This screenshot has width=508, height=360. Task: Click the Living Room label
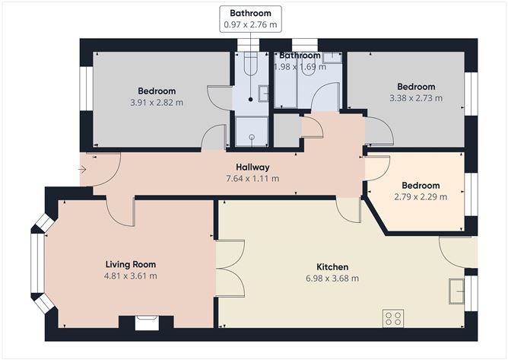tap(131, 264)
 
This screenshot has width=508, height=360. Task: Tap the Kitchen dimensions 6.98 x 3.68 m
tap(332, 279)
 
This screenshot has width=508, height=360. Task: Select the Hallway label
tap(252, 167)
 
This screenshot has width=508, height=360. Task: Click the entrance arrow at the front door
tap(82, 169)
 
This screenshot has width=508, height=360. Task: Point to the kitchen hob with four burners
tap(393, 318)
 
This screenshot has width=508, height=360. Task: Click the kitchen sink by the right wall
tap(456, 292)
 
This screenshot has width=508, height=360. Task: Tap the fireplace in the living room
tap(147, 323)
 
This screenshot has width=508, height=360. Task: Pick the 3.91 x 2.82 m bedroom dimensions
tap(157, 103)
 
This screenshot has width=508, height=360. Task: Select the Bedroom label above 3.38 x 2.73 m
tap(416, 87)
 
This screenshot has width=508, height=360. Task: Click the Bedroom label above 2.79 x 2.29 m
tap(421, 185)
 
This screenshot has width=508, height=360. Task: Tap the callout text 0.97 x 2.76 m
tap(250, 24)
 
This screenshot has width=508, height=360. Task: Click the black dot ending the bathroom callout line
tap(250, 100)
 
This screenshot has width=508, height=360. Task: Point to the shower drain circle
tap(252, 137)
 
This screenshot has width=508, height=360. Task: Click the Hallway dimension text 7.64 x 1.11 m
tap(252, 178)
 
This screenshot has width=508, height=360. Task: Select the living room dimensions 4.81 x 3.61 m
tap(131, 276)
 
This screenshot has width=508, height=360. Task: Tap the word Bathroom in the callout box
tap(250, 13)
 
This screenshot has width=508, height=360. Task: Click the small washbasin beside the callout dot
tap(263, 94)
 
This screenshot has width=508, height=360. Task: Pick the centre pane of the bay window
tap(37, 263)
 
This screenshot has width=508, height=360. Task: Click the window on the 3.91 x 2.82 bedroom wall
tap(87, 89)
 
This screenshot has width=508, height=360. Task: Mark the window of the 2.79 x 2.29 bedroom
tap(471, 194)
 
